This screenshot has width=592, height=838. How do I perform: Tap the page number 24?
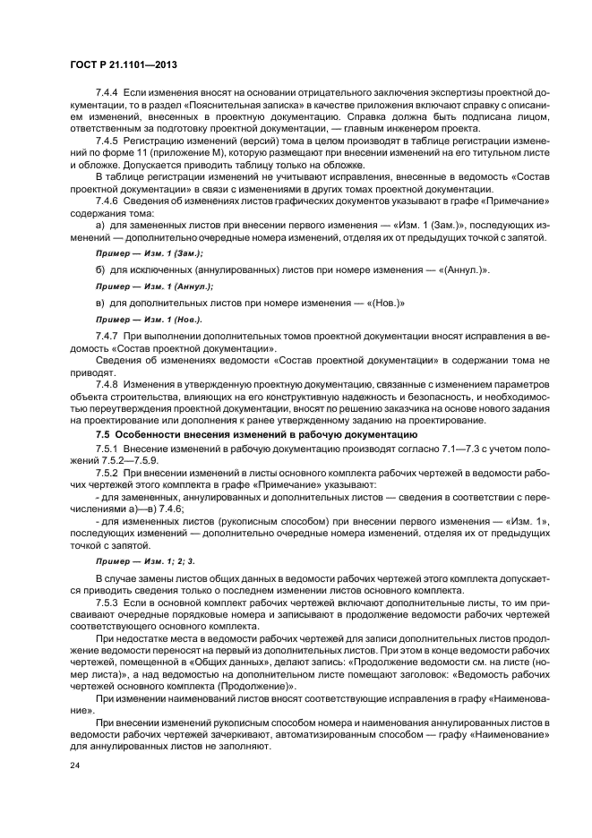tap(74, 767)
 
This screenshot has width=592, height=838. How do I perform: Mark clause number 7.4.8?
tap(108, 383)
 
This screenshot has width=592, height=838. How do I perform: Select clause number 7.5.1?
tap(108, 448)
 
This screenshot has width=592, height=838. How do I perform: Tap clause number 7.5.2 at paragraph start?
tap(108, 472)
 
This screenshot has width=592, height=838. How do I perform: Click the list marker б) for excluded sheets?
tap(100, 270)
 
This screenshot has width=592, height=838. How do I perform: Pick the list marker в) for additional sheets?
tap(100, 303)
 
